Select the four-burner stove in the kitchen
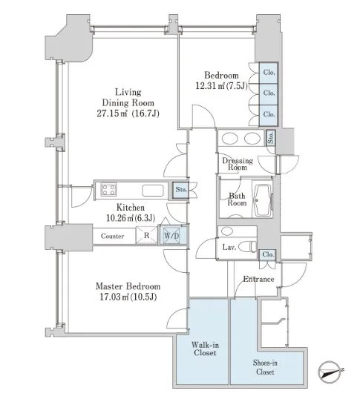coord(108,190)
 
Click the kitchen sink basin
coord(153,191)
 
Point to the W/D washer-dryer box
coord(171,236)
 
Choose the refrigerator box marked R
coord(147,235)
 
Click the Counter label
coord(112,236)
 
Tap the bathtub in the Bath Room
coord(263,199)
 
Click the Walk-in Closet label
coord(205,349)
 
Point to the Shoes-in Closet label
coord(265,367)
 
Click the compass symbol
coord(330,372)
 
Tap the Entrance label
coord(258,279)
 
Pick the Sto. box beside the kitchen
coord(181,190)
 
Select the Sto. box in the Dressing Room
coord(270,138)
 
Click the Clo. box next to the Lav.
coord(267,254)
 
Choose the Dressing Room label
coord(238,164)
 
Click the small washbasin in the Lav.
coord(227,231)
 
